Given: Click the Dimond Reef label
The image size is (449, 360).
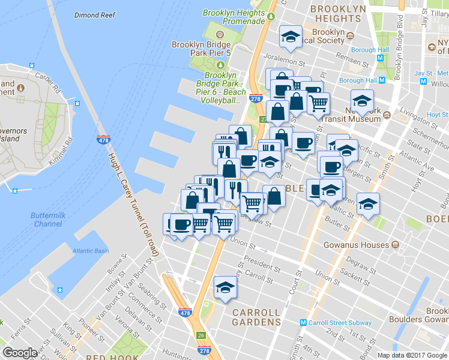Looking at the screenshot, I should pyautogui.click(x=95, y=15).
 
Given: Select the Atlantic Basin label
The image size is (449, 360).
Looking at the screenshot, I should pyautogui.click(x=91, y=251).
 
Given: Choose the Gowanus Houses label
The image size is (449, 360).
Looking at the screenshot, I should pyautogui.click(x=357, y=245).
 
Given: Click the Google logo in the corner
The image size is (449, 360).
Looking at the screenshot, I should pyautogui.click(x=20, y=353).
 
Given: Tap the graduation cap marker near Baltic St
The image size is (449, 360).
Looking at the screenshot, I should pyautogui.click(x=368, y=204).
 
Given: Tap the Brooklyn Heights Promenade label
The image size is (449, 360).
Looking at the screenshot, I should pyautogui.click(x=234, y=17).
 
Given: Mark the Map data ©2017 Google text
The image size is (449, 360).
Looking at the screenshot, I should pyautogui.click(x=412, y=355).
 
